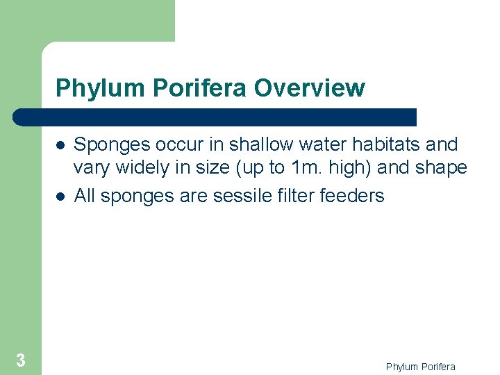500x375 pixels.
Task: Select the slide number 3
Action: click(x=21, y=360)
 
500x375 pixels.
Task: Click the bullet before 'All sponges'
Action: click(x=61, y=197)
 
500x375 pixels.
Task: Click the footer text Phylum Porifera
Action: click(x=421, y=367)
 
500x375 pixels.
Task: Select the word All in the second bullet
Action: click(x=85, y=196)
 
